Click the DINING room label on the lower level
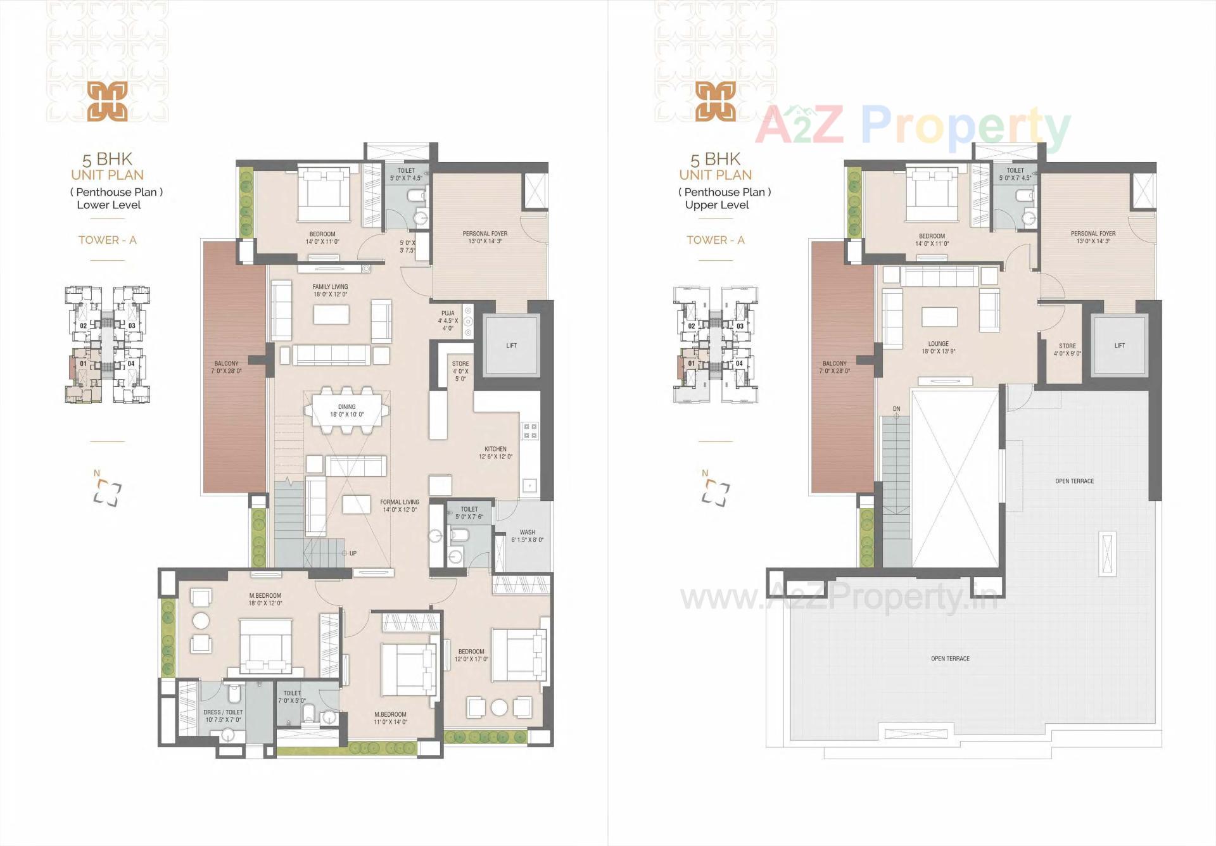point(346,407)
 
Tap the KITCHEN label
point(495,449)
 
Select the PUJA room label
point(448,313)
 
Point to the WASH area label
point(527,533)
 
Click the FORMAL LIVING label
point(399,502)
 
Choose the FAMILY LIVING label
point(330,287)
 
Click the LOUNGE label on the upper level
point(938,344)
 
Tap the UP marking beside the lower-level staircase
point(353,553)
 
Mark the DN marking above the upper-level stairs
point(896,409)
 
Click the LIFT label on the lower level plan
point(511,346)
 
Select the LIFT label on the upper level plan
point(1119,346)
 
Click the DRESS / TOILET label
point(223,712)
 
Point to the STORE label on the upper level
point(1067,346)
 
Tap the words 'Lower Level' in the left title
point(109,205)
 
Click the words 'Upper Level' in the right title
point(717,205)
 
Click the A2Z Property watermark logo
point(912,127)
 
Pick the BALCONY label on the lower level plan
point(226,364)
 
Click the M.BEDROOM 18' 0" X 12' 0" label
point(265,596)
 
